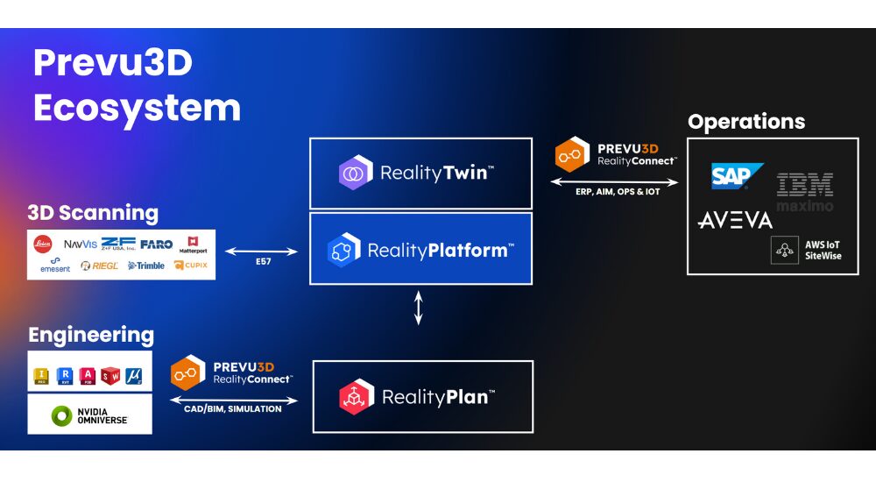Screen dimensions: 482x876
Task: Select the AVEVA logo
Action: (x=735, y=220)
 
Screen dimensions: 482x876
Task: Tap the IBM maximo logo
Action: (x=804, y=192)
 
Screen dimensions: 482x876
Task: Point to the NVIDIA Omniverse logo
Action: (x=89, y=415)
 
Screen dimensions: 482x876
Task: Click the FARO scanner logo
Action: (x=156, y=243)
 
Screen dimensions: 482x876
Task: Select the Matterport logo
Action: (x=194, y=245)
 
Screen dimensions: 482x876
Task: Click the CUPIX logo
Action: (x=190, y=266)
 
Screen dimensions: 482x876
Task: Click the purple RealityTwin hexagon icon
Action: (x=356, y=172)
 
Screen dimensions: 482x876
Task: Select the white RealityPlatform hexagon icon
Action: (x=343, y=250)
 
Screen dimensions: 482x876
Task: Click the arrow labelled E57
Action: (x=262, y=252)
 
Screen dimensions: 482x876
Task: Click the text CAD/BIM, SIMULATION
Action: (x=232, y=409)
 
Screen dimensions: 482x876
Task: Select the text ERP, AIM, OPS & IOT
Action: (x=617, y=192)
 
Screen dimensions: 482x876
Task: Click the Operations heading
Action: (x=745, y=122)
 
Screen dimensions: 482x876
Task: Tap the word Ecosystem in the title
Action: (x=137, y=108)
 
